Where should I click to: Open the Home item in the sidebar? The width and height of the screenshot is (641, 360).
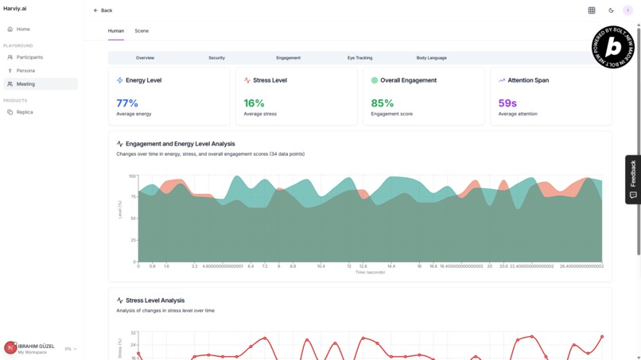pos(23,29)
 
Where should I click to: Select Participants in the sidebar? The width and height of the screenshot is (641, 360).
pos(29,57)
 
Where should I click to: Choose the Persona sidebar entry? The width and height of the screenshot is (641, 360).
pos(25,71)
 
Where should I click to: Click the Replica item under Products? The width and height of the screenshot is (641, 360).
pos(25,112)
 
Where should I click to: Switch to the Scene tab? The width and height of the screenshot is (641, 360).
pos(142,31)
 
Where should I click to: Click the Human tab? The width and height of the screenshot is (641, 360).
pos(116,31)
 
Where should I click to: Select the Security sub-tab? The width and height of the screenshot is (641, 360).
pos(216,58)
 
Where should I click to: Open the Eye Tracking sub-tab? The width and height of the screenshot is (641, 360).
pos(359,58)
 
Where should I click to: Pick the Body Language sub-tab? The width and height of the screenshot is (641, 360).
pos(431,58)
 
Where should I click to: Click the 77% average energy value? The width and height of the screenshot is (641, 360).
pos(127,103)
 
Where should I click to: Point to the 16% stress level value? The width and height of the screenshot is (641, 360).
pos(254,103)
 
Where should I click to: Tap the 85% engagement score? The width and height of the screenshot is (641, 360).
pos(383,103)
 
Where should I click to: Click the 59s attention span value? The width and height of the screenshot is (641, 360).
pos(507,103)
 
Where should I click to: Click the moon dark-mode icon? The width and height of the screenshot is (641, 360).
pos(611,10)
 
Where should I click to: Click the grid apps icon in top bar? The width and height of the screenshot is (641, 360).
pos(592,10)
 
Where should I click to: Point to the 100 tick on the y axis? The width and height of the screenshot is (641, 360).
pos(132,176)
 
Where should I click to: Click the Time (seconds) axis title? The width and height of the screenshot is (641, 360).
pos(370,272)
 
